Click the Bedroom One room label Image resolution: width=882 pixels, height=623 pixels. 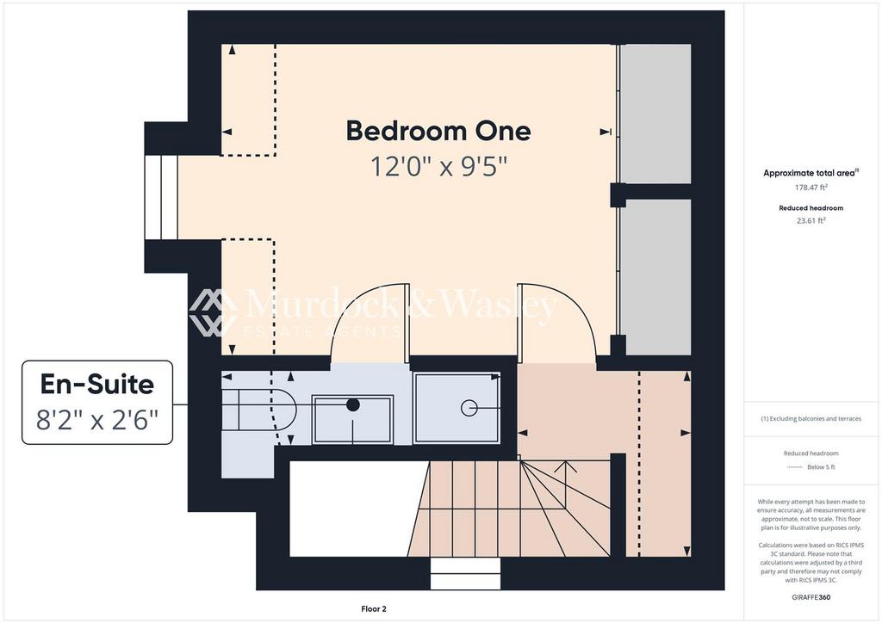tap(438, 131)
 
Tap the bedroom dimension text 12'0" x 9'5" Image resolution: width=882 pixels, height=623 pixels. tap(438, 166)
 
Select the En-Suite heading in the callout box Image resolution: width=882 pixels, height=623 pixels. tap(97, 385)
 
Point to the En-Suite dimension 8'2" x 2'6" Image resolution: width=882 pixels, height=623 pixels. tap(97, 420)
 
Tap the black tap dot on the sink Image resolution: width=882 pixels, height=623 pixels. tap(352, 404)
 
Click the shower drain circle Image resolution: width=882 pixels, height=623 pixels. tap(469, 408)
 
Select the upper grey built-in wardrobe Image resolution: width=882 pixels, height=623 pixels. tap(655, 114)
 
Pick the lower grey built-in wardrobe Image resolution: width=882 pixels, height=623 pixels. tap(655, 277)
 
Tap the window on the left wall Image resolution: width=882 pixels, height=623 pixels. tap(161, 197)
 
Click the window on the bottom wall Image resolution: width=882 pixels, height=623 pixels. tap(465, 574)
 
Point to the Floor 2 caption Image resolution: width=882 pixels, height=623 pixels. tap(374, 609)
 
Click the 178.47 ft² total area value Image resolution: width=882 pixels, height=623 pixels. tap(811, 188)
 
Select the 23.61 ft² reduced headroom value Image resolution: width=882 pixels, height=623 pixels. tap(811, 221)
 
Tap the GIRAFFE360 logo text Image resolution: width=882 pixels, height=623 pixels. tap(811, 597)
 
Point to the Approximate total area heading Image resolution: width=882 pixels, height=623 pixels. tap(811, 173)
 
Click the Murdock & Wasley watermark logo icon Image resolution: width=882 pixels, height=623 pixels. tap(213, 312)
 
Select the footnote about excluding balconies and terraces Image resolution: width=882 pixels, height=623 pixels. tap(811, 418)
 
